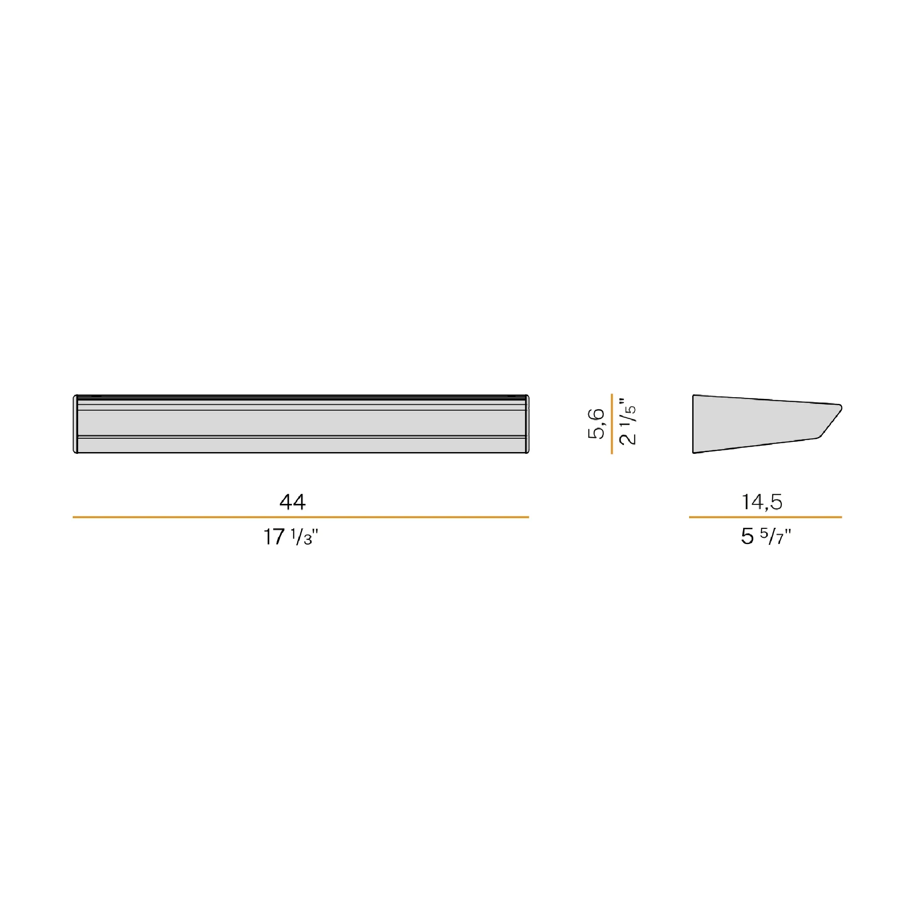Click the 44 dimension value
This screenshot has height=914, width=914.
coord(292,502)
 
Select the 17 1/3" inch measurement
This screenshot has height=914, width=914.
coord(291,537)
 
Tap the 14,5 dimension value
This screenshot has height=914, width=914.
coord(762,502)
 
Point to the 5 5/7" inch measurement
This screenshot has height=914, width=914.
coord(766,536)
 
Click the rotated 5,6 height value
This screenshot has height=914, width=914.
coord(596,424)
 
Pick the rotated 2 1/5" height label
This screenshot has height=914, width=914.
coord(628,421)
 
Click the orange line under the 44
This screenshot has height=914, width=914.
coord(300,517)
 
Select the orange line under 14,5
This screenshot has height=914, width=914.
coord(765,517)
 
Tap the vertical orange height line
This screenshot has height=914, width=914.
coord(612,424)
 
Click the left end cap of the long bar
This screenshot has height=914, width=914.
coord(75,424)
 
